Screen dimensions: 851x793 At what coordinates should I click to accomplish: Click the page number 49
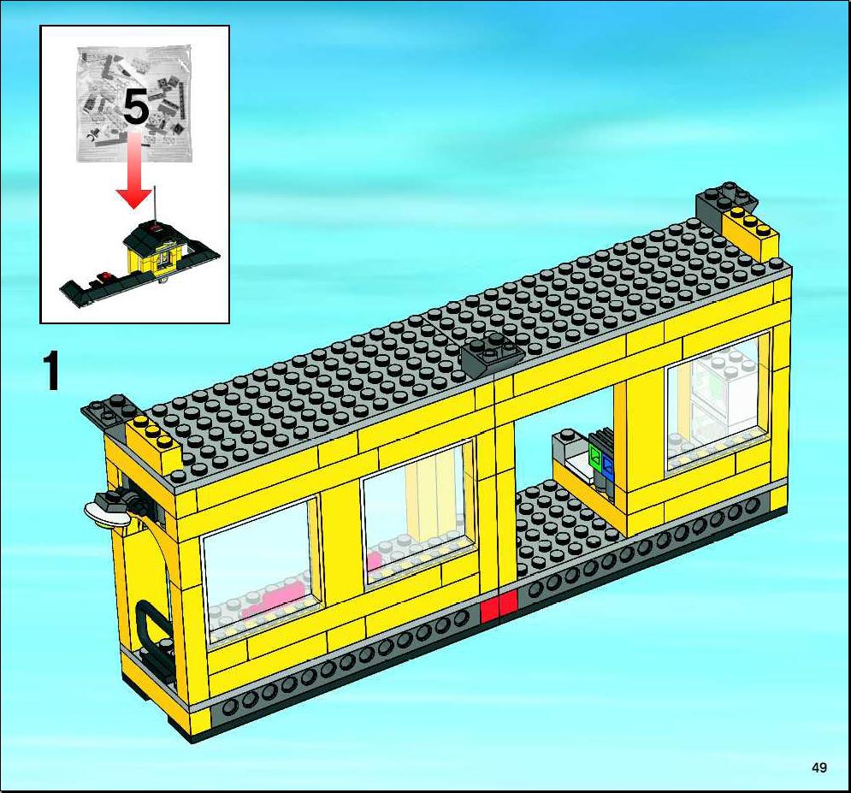(x=819, y=767)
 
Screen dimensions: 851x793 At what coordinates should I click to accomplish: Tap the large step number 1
(x=51, y=370)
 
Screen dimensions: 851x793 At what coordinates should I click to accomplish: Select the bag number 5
(x=136, y=107)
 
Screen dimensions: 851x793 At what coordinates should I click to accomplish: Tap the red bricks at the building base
(x=499, y=607)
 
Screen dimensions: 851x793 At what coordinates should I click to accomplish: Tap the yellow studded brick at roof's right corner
(x=752, y=232)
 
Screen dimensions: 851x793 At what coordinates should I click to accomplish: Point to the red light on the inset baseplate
(x=104, y=275)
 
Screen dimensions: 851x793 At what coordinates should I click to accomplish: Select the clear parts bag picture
(x=136, y=104)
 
